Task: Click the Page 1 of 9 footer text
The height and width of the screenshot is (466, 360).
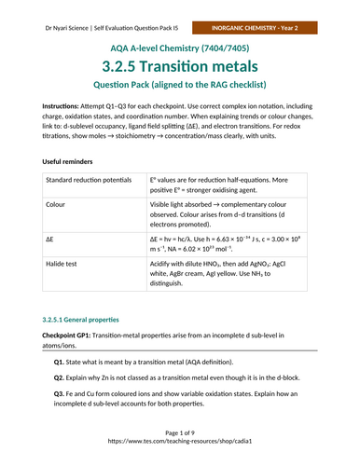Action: pos(179,448)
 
